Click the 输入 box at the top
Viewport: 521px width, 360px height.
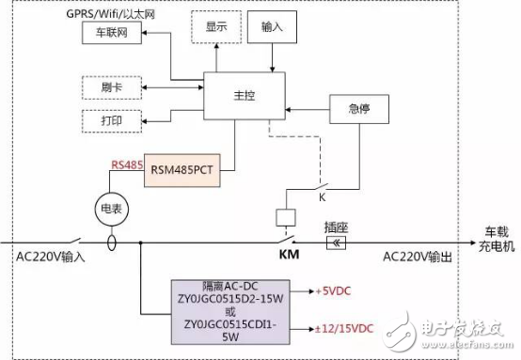(x=273, y=28)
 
